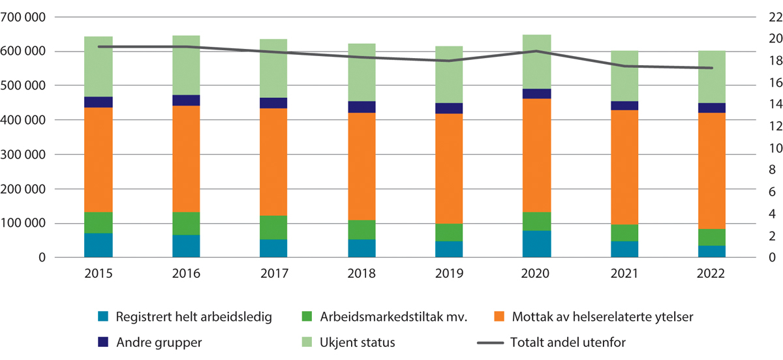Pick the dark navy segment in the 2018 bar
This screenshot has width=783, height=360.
[362, 107]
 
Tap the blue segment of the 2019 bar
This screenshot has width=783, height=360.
[450, 250]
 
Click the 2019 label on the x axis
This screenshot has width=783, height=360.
[450, 274]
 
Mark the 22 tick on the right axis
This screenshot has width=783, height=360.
[758, 17]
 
